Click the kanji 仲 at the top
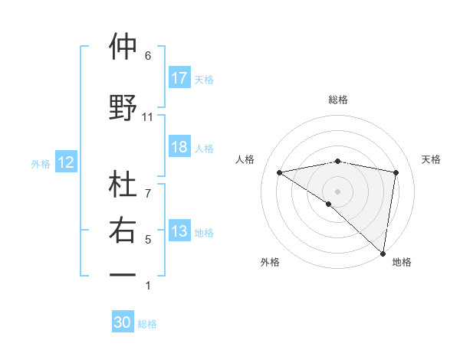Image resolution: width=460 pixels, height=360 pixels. point(123,47)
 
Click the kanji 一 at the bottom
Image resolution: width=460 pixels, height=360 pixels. point(123,274)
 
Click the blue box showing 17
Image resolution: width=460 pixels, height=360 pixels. point(179,78)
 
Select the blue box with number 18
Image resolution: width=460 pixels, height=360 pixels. point(179,147)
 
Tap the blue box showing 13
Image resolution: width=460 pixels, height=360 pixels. point(179,231)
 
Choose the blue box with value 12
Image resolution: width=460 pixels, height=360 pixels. point(65,162)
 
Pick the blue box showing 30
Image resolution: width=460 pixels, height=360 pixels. point(123,322)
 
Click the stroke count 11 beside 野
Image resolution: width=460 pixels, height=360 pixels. point(148,117)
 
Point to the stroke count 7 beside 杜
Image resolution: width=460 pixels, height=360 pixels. point(148,185)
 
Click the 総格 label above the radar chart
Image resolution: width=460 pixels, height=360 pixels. point(338,100)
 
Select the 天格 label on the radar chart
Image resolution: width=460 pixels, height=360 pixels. point(431,159)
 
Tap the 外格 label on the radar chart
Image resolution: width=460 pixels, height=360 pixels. point(270,262)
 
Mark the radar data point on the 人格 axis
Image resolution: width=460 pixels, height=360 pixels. point(280,172)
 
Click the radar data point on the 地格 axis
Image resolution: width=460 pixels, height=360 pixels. point(383,254)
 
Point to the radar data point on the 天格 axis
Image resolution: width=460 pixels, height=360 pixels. point(396,172)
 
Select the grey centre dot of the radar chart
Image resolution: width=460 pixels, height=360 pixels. point(337,191)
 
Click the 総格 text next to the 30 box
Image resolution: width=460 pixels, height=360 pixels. point(147,324)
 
